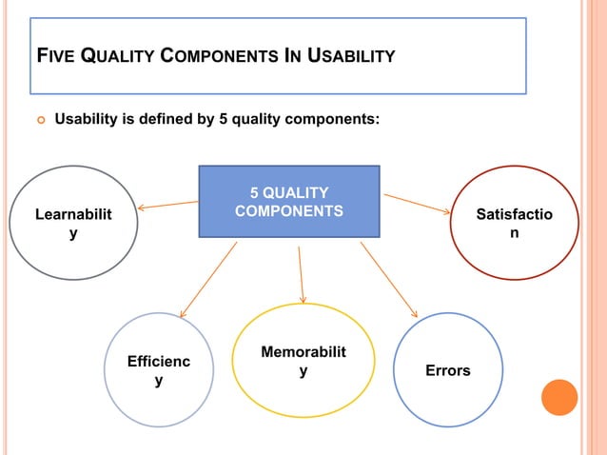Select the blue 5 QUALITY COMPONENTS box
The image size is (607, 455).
(289, 201)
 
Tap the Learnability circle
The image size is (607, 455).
(73, 223)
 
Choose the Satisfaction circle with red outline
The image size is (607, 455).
(514, 223)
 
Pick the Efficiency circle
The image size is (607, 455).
(158, 370)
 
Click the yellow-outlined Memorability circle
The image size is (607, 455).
(303, 361)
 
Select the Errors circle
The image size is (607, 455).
(448, 369)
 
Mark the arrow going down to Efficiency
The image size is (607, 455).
(208, 279)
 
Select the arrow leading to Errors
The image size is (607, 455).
(388, 279)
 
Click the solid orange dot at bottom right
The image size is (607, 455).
(559, 397)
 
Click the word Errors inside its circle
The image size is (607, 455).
(448, 370)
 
